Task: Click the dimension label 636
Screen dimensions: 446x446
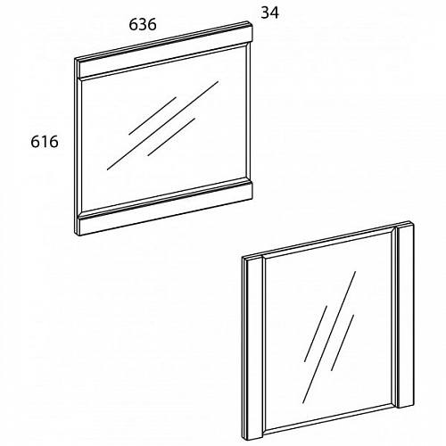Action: pos(143,24)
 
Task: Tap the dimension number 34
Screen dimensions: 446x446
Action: pos(270,12)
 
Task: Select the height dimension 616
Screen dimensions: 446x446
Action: pos(45,142)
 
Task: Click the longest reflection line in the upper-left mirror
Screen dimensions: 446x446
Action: pos(162,126)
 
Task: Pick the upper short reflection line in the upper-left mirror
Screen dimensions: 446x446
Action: pos(153,115)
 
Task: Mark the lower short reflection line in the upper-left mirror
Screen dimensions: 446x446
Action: pos(171,137)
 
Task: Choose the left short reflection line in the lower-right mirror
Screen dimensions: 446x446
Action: pos(316,334)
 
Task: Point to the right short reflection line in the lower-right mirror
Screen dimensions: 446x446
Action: pos(343,343)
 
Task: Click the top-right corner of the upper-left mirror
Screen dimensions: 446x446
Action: pos(252,24)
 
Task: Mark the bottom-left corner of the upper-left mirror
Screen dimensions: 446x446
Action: pos(78,235)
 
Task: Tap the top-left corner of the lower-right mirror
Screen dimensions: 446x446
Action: pos(243,258)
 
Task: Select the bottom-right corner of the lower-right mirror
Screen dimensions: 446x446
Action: pos(414,404)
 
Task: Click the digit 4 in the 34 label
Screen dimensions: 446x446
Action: pos(275,12)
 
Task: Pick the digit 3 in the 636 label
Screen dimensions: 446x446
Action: pos(143,24)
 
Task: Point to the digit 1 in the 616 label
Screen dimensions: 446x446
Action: pos(45,142)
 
